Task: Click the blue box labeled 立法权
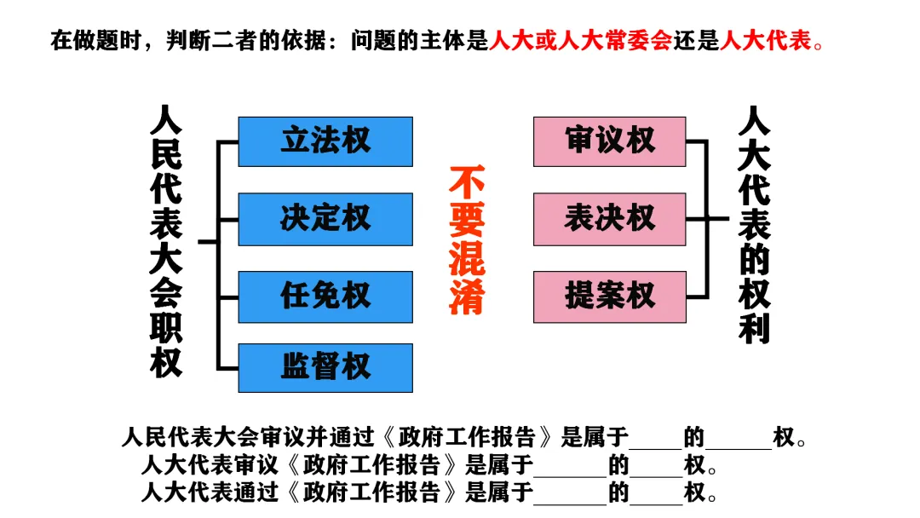tap(325, 141)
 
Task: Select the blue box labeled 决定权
tap(325, 219)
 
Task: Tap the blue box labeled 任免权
tap(325, 296)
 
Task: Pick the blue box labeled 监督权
tap(325, 368)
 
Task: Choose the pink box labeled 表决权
tap(609, 219)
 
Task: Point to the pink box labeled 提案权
tap(609, 296)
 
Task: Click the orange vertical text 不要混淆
tap(467, 241)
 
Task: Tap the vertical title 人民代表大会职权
tap(166, 241)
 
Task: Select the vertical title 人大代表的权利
tap(754, 225)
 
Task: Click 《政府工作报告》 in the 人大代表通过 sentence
tap(374, 492)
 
